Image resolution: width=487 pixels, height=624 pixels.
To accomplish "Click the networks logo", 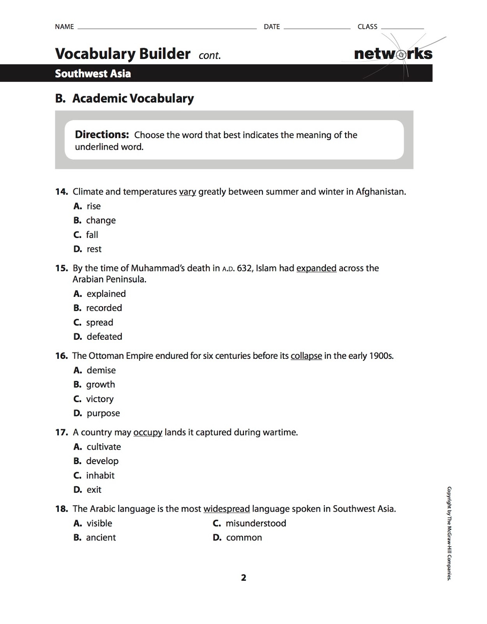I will pos(393,54).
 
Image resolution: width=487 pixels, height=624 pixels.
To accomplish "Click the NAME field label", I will pos(64,27).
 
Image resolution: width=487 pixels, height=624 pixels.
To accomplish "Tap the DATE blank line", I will pos(317,28).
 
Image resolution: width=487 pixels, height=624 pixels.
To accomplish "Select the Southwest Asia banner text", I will pos(93,74).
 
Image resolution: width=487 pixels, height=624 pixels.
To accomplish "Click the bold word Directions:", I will pos(102,135).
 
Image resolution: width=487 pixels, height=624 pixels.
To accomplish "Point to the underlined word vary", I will pos(187,192).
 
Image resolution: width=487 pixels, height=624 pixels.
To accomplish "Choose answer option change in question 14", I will pos(101,220).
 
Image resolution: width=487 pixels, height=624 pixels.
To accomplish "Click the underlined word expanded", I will pos(316,268).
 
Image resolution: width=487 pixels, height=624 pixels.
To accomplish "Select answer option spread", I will pos(99,323).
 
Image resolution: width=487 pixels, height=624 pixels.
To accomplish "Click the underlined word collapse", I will pos(306,356).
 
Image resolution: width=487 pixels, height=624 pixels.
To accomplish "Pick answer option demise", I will pos(101,370).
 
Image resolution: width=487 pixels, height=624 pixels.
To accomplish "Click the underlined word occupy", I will pos(148,433).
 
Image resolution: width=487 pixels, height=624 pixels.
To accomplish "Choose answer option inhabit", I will pos(100,475).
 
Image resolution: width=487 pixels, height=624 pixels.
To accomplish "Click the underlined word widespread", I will pos(226,509).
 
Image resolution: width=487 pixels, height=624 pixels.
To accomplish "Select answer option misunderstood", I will pos(256,523).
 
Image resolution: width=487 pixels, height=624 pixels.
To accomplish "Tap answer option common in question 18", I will pos(244,537).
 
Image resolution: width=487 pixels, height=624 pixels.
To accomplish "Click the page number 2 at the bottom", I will pos(243,578).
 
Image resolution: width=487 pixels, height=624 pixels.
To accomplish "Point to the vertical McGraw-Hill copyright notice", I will pos(449,533).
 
